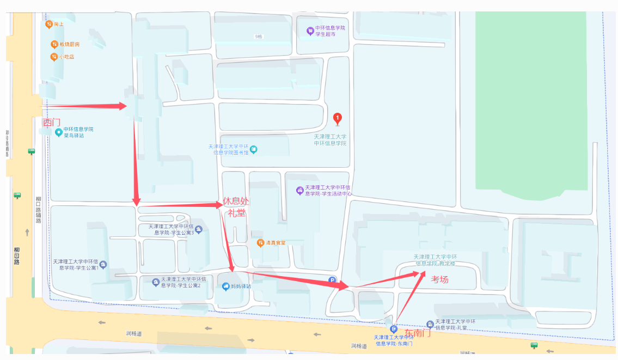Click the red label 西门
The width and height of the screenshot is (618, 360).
(x=52, y=123)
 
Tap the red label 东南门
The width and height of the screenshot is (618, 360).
(x=418, y=332)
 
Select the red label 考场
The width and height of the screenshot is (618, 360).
(x=440, y=279)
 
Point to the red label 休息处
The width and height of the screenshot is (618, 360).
(x=236, y=202)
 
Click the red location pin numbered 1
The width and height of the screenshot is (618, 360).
(x=337, y=118)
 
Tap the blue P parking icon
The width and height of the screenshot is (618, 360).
(x=333, y=280)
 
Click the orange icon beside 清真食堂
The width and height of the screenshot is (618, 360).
(x=261, y=242)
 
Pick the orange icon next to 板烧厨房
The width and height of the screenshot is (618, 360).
(x=54, y=44)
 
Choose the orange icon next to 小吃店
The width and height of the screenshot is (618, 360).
(x=54, y=57)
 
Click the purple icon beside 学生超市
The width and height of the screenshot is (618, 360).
(x=310, y=31)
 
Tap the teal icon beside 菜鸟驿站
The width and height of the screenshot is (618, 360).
(x=58, y=132)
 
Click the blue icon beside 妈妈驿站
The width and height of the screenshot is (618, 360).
(x=225, y=286)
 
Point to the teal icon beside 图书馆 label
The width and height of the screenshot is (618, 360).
(x=253, y=149)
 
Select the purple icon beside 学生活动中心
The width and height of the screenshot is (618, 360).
(x=299, y=190)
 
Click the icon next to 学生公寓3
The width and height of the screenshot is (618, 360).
(x=199, y=229)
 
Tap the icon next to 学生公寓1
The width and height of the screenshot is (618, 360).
(x=103, y=264)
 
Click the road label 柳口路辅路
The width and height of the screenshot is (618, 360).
(x=39, y=210)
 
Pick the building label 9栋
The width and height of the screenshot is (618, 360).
(x=259, y=36)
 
